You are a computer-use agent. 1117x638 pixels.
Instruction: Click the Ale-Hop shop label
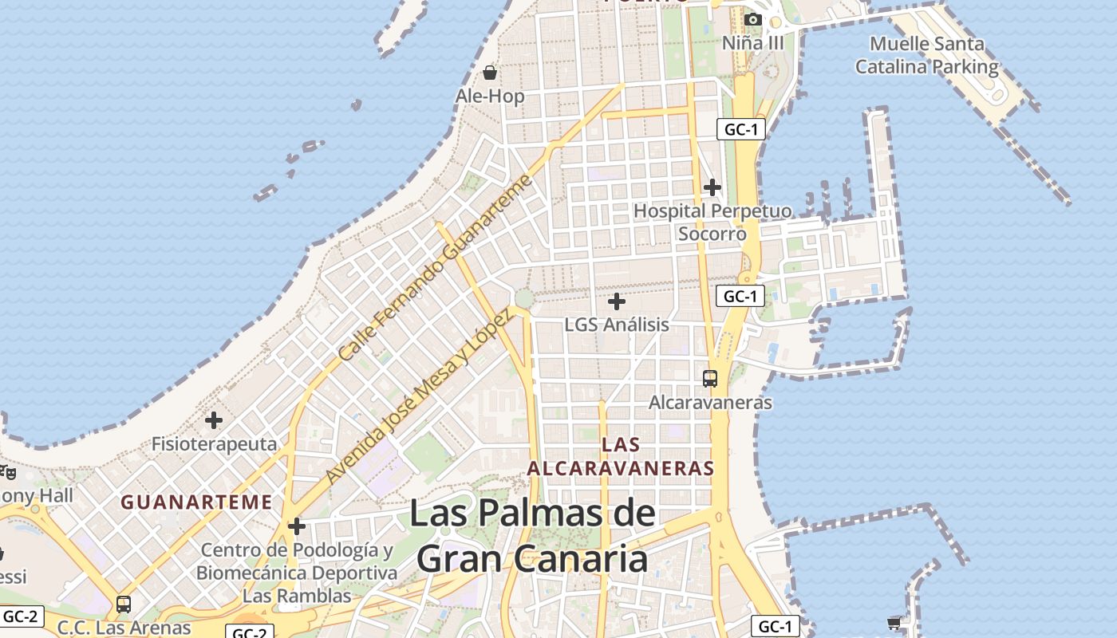click(x=490, y=96)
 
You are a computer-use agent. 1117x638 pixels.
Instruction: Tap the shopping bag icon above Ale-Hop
click(x=490, y=73)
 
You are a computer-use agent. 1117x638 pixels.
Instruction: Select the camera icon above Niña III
click(x=752, y=19)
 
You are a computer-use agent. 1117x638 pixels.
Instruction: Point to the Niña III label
click(x=753, y=43)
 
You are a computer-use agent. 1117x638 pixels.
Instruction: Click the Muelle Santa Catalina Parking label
click(x=927, y=55)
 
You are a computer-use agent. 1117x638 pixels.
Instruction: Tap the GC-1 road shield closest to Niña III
click(x=740, y=129)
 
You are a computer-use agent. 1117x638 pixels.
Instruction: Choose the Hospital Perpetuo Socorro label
click(x=712, y=223)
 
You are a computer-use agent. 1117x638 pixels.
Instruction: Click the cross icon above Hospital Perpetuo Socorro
click(x=712, y=187)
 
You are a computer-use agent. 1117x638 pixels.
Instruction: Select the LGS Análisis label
click(x=617, y=325)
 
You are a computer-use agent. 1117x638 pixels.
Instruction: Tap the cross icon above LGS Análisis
click(x=617, y=301)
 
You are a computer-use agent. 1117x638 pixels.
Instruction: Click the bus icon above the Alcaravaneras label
click(x=710, y=378)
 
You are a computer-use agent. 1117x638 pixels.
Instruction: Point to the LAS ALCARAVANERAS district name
click(x=621, y=456)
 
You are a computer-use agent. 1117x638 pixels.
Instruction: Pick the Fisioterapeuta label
click(x=215, y=444)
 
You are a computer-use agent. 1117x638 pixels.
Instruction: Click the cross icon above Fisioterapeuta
click(x=214, y=419)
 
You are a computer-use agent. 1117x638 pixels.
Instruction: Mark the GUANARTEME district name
click(x=196, y=502)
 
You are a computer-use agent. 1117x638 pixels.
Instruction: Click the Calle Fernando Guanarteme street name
click(x=435, y=268)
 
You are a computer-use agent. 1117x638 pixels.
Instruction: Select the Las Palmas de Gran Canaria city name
click(x=532, y=536)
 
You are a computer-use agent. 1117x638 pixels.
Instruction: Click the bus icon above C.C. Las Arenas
click(x=123, y=604)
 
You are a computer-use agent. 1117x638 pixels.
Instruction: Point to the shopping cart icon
click(x=894, y=622)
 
